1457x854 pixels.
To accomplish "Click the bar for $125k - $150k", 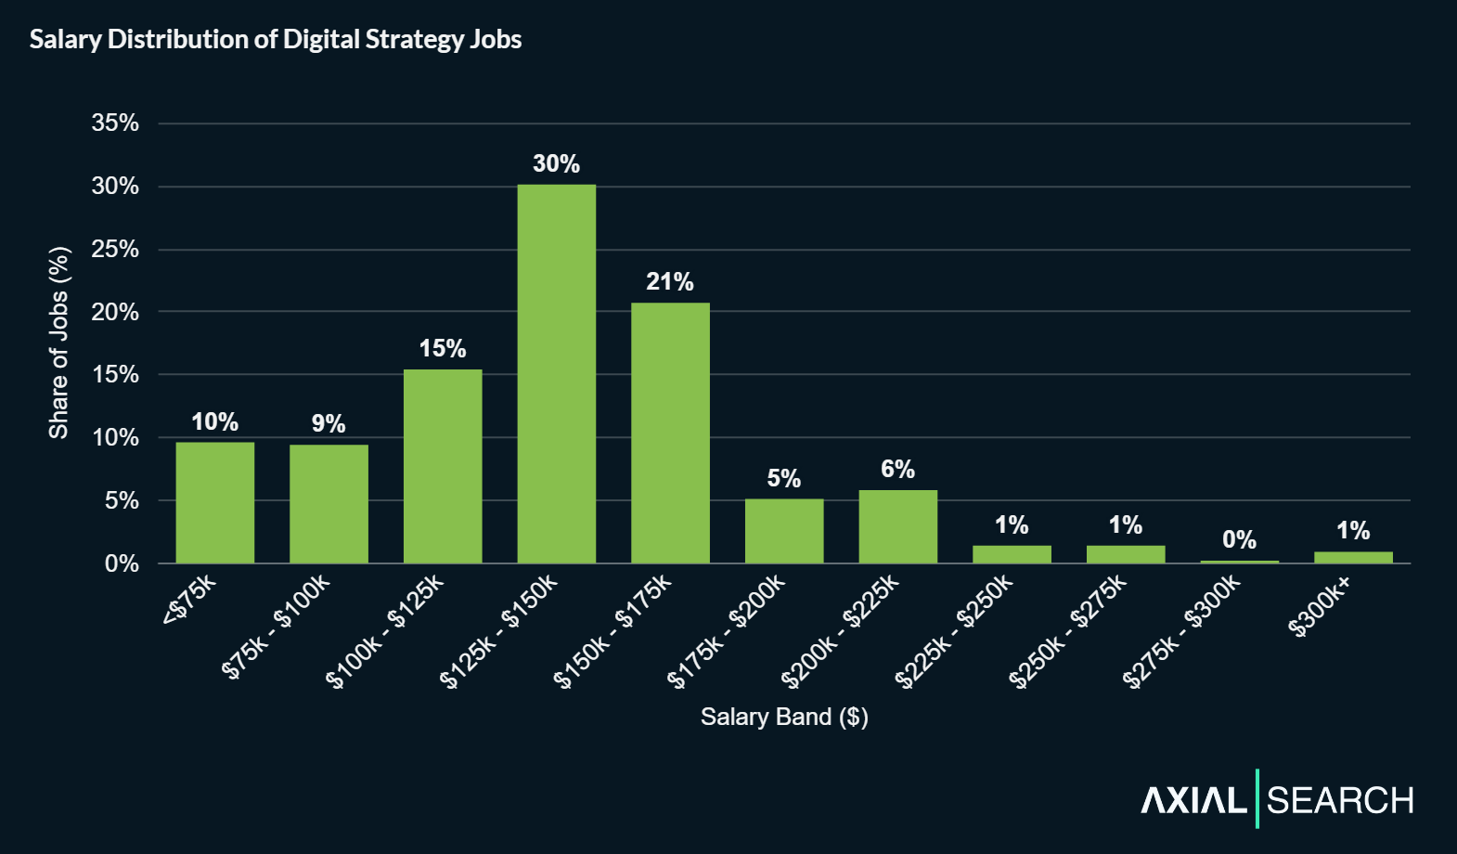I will coord(556,373).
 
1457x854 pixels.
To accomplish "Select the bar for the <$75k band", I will coord(214,502).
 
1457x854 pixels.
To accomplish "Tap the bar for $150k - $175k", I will coord(670,433).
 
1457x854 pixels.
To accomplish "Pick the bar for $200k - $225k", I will coord(897,526).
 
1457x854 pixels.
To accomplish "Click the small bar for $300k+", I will coord(1353,558).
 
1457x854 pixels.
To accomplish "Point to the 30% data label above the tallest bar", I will coord(556,164).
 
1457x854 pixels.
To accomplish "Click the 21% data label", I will coord(670,282).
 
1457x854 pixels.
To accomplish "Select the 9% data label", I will coord(329,424).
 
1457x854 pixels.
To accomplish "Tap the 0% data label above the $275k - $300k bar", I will coord(1239,540).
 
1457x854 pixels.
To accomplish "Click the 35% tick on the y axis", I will coord(115,123).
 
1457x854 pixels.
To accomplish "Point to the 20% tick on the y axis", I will coord(115,312).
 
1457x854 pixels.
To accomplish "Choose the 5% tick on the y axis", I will coord(122,501).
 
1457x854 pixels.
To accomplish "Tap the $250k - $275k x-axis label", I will coord(1069,631).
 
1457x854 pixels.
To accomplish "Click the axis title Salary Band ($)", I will coord(784,717).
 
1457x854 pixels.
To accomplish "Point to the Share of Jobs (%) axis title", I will coord(59,343).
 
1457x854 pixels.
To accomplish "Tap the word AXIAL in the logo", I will coord(1193,800).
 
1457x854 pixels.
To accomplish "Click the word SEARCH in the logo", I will coord(1340,800).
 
